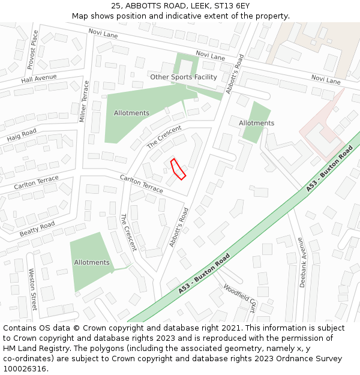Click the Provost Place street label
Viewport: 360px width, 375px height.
32,50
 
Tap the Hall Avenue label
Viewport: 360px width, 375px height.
38,79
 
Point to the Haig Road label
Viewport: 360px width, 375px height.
22,136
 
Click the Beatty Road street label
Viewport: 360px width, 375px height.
37,229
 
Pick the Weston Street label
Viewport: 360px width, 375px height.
33,289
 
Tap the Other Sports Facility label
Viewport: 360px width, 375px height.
183,77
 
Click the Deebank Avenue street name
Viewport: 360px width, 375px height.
302,262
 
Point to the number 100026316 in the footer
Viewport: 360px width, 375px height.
25,368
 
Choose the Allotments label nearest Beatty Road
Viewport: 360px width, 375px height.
92,262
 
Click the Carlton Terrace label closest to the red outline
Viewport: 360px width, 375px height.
141,184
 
